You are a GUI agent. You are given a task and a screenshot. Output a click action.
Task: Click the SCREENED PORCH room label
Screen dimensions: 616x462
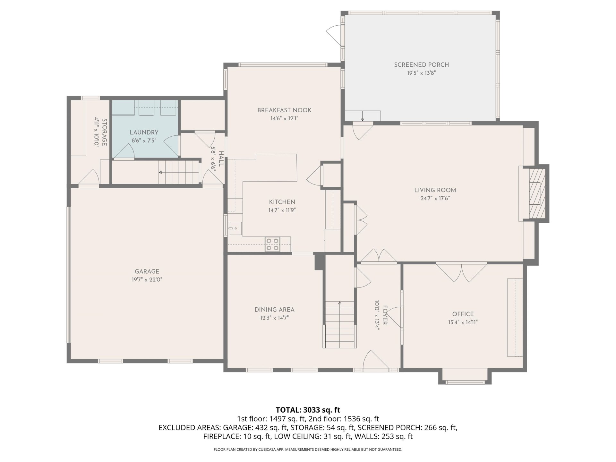(421, 65)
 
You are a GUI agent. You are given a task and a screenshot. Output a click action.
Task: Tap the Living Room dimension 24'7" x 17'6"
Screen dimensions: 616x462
(435, 198)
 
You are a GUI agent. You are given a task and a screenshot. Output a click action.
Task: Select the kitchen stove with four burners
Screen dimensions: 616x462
(272, 244)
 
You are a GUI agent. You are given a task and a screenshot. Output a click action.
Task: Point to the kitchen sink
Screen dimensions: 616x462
(235, 229)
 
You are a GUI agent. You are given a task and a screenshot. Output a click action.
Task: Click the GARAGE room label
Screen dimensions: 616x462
(147, 271)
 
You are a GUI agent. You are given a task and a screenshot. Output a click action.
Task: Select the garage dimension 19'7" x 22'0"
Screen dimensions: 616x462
(147, 280)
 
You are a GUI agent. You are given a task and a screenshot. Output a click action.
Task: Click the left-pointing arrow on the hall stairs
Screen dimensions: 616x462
(179, 172)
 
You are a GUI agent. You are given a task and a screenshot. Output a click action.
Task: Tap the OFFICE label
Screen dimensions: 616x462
(463, 314)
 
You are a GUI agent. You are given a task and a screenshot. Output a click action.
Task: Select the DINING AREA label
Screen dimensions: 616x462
(274, 310)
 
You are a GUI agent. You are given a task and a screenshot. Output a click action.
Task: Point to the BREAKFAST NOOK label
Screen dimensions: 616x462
(284, 110)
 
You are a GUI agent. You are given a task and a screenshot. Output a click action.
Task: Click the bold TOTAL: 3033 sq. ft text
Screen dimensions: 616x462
(308, 410)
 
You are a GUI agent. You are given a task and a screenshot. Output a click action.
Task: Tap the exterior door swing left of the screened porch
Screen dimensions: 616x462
(334, 35)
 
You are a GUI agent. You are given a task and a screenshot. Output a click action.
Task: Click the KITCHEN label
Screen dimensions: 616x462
(282, 202)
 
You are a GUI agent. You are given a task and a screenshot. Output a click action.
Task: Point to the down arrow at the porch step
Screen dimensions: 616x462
(363, 116)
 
